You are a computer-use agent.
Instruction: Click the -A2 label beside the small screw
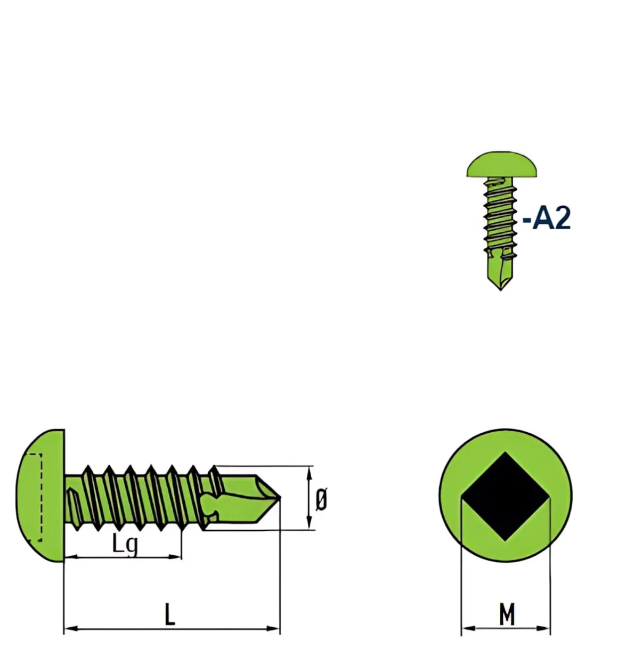(x=546, y=218)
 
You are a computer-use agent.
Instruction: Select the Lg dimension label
(x=125, y=542)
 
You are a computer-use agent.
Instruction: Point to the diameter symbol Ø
(x=321, y=499)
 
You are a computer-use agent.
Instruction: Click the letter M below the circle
(x=507, y=614)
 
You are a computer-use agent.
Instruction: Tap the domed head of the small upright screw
(x=501, y=164)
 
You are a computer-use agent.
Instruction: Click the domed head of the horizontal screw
(x=41, y=496)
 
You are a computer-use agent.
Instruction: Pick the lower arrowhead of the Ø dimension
(x=309, y=523)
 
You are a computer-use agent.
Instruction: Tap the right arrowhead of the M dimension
(x=543, y=628)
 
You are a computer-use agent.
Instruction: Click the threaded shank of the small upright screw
(x=500, y=218)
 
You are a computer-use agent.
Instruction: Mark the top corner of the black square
(x=505, y=452)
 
